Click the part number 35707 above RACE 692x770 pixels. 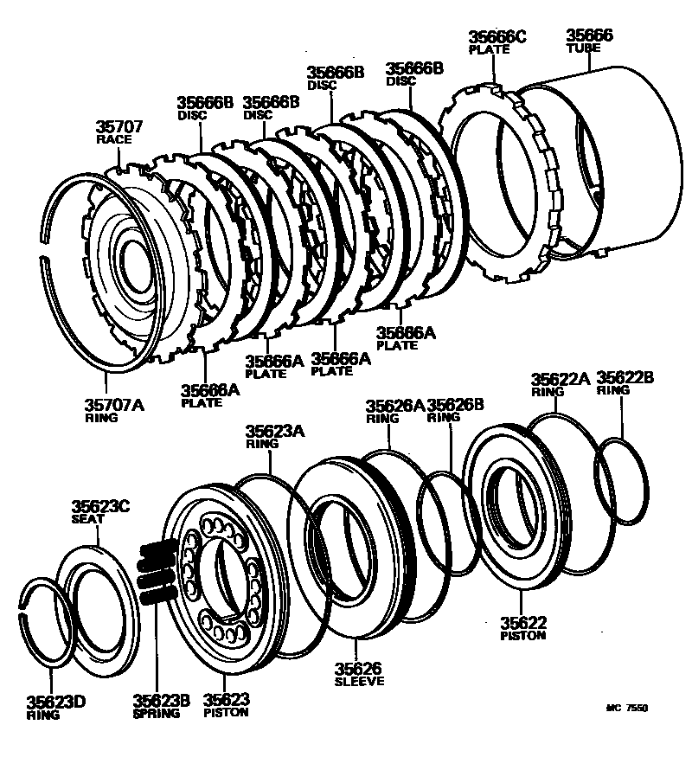119,126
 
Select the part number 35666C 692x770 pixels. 497,37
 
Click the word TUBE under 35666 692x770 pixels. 583,48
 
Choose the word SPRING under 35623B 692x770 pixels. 157,714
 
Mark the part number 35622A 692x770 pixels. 560,379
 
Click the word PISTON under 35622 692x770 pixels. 522,635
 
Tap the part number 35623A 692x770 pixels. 274,431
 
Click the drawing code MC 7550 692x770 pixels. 626,708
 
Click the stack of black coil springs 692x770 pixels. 157,571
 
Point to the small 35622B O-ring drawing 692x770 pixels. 620,480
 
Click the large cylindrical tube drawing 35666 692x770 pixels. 605,156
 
